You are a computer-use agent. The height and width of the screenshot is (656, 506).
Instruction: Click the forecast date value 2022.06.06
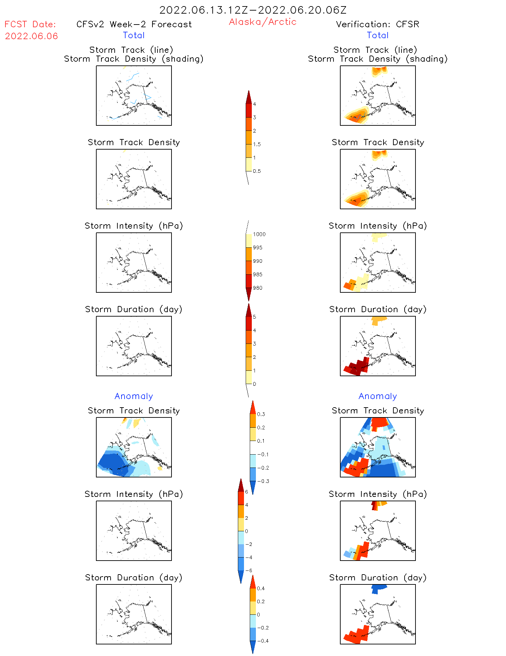(31, 36)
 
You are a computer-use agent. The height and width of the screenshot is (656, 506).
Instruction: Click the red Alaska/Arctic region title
(262, 22)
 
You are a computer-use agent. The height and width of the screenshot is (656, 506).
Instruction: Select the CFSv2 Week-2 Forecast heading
(134, 24)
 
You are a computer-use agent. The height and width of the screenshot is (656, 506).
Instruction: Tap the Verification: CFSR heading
(377, 24)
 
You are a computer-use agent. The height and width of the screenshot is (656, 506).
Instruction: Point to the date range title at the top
(253, 10)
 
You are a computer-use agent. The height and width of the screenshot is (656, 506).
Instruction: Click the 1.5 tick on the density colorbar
(257, 144)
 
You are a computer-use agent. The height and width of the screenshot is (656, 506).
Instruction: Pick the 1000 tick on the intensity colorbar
(259, 234)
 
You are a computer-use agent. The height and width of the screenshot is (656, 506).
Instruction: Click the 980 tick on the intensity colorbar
(258, 288)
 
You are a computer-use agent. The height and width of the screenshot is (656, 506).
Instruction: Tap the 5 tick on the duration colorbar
(255, 317)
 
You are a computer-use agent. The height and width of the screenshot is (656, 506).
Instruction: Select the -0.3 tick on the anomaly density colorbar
(263, 481)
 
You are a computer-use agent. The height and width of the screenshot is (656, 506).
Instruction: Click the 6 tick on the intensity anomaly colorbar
(247, 492)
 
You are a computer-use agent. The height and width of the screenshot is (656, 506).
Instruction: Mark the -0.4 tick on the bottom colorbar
(262, 641)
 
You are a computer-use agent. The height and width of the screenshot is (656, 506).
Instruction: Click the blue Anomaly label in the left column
(134, 396)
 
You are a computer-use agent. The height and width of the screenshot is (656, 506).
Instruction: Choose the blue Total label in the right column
(377, 35)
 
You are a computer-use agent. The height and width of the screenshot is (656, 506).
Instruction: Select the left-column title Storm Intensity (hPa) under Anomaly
(134, 494)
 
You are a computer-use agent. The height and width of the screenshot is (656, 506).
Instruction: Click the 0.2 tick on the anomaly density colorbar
(261, 427)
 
